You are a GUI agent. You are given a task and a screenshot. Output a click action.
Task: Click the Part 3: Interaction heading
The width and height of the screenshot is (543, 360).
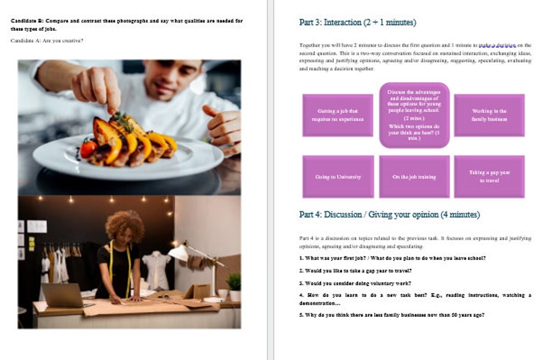[358, 23]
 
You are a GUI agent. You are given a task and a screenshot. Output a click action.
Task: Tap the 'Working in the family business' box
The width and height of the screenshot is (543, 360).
[489, 115]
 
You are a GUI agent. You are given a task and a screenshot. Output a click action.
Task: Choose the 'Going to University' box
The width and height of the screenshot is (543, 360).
[338, 177]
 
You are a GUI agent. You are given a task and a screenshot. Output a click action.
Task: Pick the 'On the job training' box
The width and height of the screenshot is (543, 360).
[414, 177]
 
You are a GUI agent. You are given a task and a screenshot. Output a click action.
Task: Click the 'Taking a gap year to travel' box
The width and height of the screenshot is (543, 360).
[489, 177]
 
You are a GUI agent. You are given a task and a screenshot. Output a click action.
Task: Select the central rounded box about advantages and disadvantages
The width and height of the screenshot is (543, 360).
[414, 115]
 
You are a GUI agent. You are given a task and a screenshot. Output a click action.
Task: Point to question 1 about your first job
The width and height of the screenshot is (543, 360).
[392, 258]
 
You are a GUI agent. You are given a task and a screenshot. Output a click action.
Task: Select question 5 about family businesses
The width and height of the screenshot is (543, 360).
[392, 315]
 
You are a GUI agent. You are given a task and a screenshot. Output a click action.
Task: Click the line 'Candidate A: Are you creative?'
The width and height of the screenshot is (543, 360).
[47, 40]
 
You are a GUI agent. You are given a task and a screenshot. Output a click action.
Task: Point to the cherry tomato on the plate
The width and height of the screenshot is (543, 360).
[88, 148]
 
